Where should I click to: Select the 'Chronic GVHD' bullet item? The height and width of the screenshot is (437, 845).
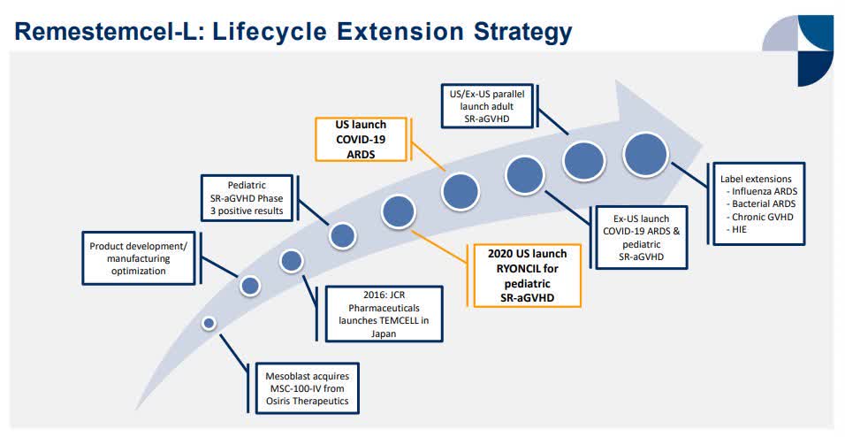(x=760, y=216)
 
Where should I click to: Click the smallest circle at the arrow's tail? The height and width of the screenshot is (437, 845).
(x=209, y=323)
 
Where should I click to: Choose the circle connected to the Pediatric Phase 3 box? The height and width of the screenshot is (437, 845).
(x=342, y=235)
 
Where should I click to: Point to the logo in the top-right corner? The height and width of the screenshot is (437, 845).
(x=798, y=49)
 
